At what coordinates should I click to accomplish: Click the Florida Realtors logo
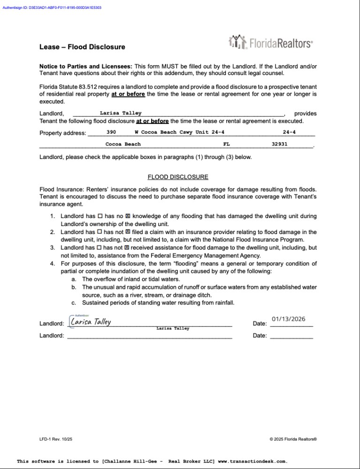(270, 43)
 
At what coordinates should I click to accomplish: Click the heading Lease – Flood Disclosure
(82, 47)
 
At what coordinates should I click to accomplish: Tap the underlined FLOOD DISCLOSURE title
(178, 177)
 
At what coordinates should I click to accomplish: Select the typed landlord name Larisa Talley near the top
(120, 113)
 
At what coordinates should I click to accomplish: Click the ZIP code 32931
(280, 144)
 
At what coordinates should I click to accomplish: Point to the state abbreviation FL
(227, 144)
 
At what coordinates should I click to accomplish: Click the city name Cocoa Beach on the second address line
(123, 144)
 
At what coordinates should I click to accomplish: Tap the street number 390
(111, 132)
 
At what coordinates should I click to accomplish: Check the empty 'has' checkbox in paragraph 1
(100, 216)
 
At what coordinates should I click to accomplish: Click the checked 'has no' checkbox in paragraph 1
(128, 216)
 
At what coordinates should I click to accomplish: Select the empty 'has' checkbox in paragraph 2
(100, 232)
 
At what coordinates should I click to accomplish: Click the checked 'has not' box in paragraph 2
(128, 232)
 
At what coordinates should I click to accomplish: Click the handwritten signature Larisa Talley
(91, 322)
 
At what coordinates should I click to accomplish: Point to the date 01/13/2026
(289, 319)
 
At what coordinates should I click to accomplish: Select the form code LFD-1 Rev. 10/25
(56, 439)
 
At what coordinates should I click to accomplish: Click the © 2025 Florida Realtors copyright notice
(293, 439)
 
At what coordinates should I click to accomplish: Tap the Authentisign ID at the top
(52, 8)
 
